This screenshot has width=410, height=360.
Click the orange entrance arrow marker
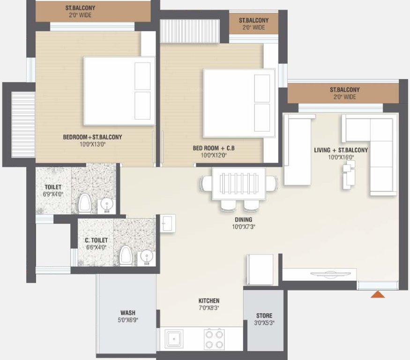378,294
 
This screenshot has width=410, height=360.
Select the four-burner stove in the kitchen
214,338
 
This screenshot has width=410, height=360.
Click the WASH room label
128,313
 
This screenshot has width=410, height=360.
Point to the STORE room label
264,315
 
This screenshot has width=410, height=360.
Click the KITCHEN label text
209,300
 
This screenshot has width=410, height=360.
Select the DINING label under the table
244,219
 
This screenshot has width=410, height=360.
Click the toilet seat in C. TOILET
125,256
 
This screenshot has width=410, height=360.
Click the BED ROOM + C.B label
213,149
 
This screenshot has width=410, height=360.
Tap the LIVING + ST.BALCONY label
341,150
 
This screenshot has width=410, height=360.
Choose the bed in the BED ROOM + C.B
239,103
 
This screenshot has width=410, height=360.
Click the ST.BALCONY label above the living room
344,90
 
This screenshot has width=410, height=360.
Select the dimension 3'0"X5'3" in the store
264,323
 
